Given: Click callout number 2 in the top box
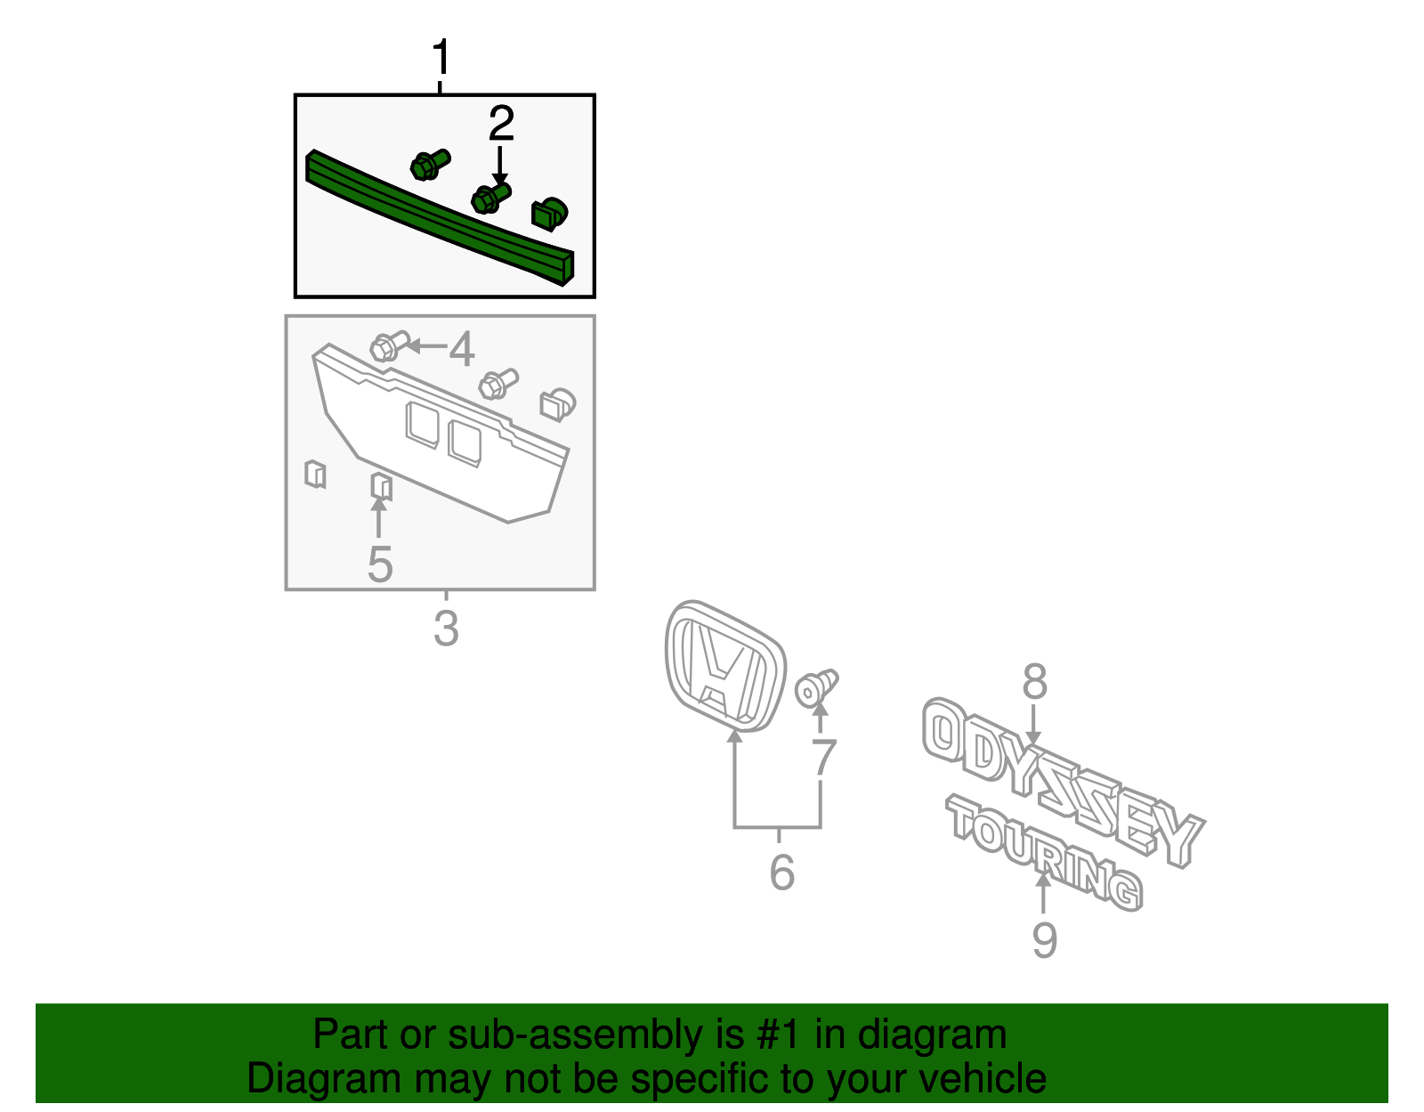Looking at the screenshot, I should coord(501,124).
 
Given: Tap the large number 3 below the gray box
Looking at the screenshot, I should coord(446,629).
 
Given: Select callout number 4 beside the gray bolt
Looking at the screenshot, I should coord(461,349).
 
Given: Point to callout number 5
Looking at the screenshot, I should coord(380,564).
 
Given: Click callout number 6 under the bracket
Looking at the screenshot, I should coord(781,872).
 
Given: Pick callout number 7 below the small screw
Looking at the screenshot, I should coord(824,758).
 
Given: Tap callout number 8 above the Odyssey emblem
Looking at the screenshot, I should coord(1034,682).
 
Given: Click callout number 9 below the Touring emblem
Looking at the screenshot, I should coord(1044,939).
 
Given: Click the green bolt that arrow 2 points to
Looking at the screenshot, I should coord(489,199).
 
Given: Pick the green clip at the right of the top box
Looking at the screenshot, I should coord(549,214).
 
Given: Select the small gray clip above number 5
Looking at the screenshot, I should coord(381,487).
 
